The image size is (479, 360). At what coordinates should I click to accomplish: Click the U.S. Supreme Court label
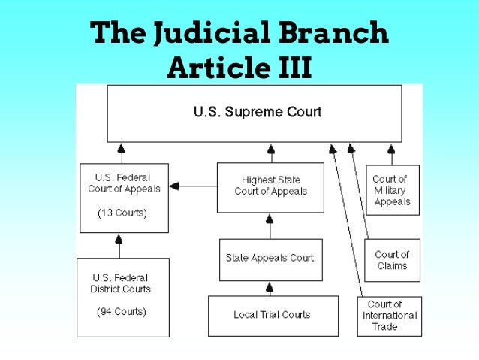click(x=257, y=113)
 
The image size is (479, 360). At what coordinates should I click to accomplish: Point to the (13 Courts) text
click(x=122, y=213)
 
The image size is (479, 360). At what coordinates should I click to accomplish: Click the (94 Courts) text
click(x=122, y=310)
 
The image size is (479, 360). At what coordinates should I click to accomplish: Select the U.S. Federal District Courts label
click(x=122, y=283)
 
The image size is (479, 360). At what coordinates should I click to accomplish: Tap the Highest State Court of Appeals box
click(x=270, y=186)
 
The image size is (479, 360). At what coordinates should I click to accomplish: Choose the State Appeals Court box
click(x=270, y=259)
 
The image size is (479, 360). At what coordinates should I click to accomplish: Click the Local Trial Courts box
click(x=271, y=315)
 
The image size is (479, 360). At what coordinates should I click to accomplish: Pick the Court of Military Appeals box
click(x=391, y=190)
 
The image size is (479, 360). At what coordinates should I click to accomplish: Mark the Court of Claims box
click(x=391, y=260)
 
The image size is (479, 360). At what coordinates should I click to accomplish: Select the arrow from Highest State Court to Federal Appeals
click(x=194, y=186)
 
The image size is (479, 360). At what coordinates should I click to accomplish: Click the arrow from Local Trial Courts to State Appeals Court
click(x=270, y=289)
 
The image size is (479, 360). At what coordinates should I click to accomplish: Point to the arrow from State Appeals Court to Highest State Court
click(x=270, y=225)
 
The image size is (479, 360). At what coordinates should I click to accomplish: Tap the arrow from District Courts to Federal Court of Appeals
click(x=118, y=245)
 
